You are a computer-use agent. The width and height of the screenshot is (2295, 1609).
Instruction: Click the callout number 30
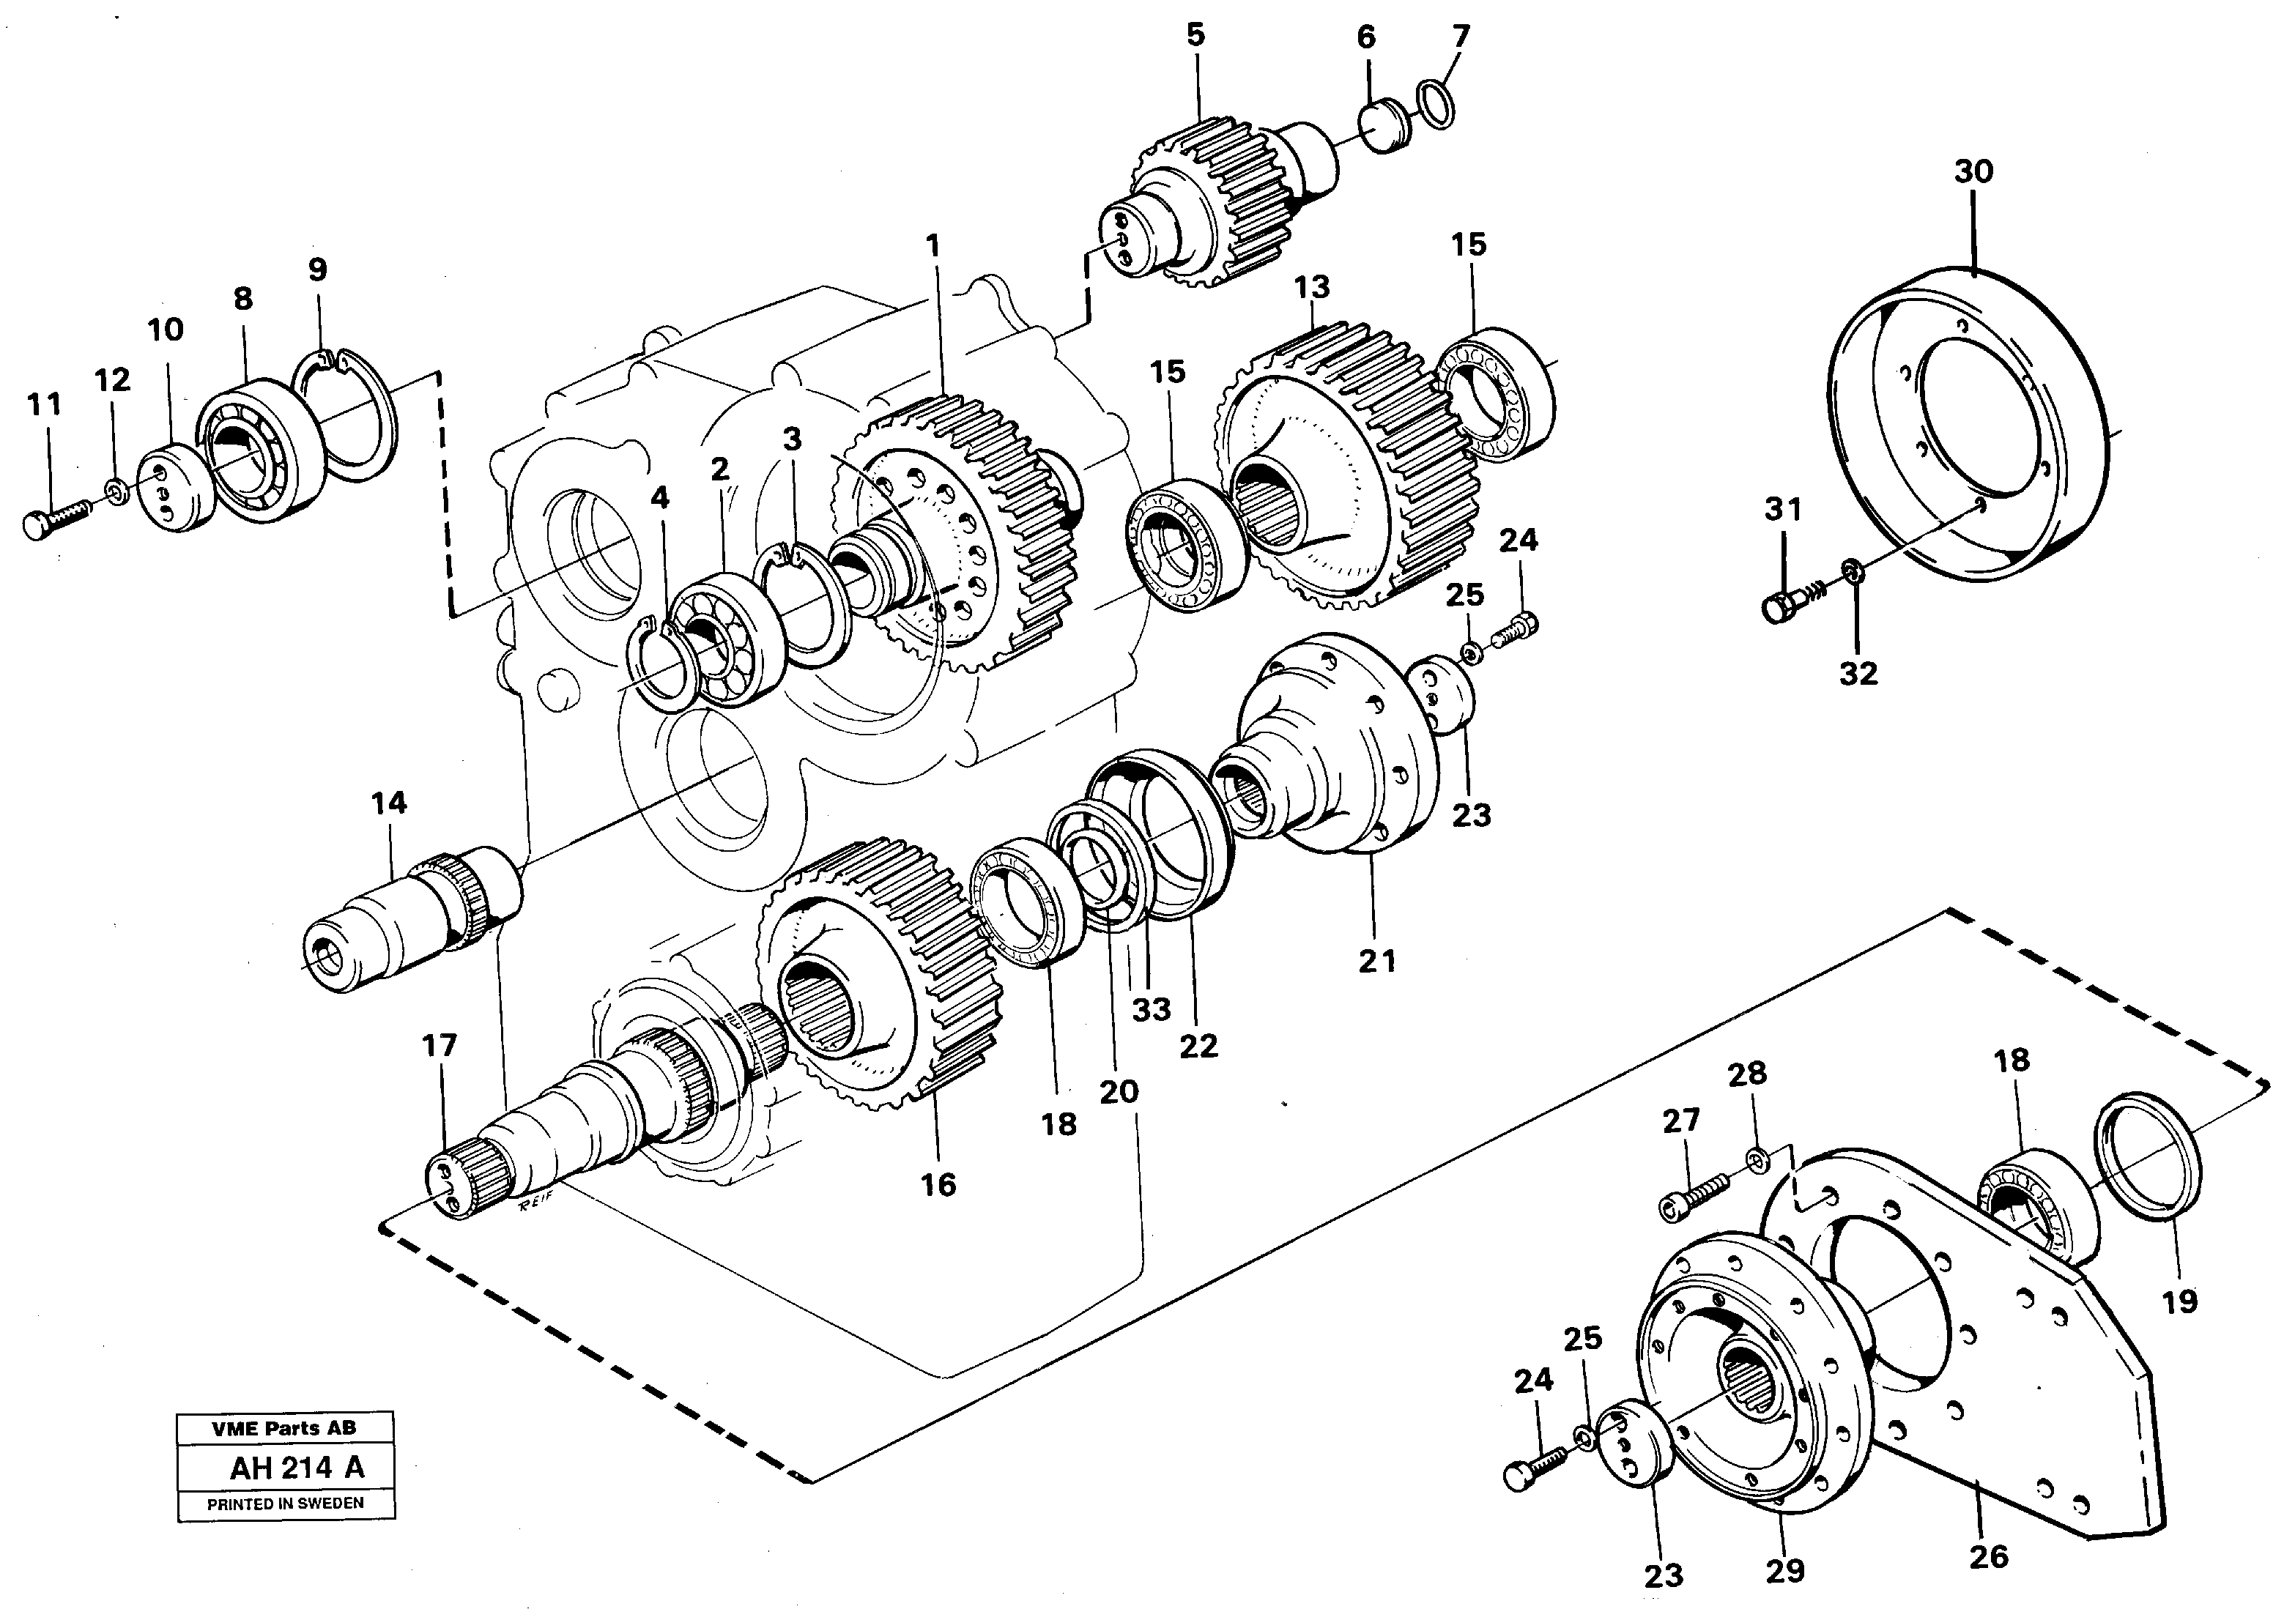click(1973, 172)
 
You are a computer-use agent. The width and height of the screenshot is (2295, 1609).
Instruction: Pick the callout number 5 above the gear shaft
click(1195, 35)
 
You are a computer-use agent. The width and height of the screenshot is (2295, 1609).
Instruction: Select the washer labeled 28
click(1758, 1160)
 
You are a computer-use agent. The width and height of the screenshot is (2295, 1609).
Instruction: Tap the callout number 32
click(1858, 674)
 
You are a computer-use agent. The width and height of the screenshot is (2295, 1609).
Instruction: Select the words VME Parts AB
click(284, 1428)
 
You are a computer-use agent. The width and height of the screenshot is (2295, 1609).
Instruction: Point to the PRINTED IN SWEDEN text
click(285, 1503)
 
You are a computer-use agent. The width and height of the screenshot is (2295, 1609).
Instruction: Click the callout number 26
click(1987, 1556)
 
